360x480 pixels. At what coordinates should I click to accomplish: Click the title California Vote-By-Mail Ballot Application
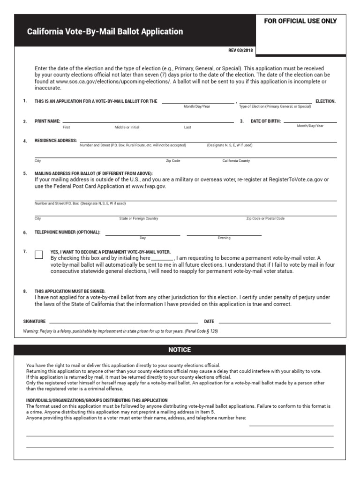point(105,32)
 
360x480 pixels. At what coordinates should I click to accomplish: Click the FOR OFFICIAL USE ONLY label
point(300,21)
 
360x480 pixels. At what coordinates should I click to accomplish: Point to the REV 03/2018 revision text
point(239,51)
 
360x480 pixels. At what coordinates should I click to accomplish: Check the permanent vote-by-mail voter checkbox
point(39,255)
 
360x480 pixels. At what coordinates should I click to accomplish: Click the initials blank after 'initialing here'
point(162,258)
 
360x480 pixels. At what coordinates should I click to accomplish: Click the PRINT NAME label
point(47,121)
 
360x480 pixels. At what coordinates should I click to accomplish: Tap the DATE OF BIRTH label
point(266,121)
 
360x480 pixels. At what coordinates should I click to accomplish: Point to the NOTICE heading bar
point(180,350)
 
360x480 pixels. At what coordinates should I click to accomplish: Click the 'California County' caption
point(236,161)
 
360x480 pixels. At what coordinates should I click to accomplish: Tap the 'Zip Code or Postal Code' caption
point(265,218)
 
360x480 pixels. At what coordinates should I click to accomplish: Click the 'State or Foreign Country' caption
point(139,218)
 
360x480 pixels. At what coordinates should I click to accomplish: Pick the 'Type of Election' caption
point(275,106)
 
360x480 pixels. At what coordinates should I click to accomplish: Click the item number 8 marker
point(25,291)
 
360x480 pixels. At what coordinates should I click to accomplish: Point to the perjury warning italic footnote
point(120,331)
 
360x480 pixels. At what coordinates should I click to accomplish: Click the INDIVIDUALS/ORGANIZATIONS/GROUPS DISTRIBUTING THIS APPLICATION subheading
point(97,400)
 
